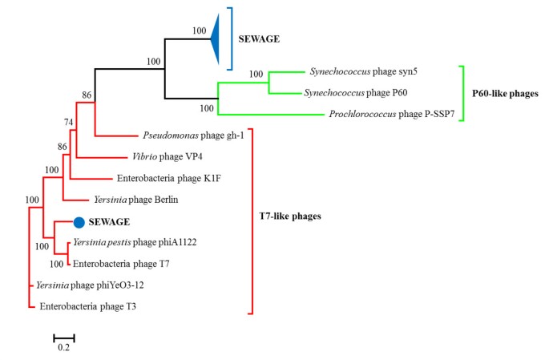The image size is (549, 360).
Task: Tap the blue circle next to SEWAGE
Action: coord(79,222)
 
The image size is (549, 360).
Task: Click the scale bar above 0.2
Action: coord(64,338)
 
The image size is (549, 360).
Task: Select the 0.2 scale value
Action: coord(64,348)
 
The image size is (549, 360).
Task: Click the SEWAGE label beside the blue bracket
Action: coord(264,38)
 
